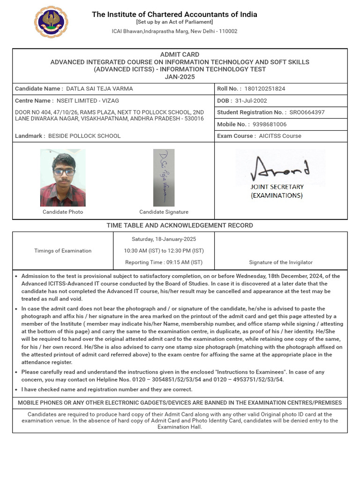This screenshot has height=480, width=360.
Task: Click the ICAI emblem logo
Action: (x=51, y=22)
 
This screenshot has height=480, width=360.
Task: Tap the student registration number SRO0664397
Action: (x=307, y=112)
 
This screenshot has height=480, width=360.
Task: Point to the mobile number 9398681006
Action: (x=270, y=124)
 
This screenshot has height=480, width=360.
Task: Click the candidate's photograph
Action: (x=63, y=178)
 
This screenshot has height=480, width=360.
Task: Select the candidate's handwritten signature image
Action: (x=164, y=178)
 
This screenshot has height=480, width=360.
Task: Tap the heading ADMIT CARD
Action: (x=180, y=54)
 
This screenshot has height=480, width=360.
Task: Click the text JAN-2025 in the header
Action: (x=180, y=77)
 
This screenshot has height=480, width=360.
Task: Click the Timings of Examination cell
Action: (x=63, y=251)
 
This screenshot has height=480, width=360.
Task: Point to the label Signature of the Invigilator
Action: (x=280, y=262)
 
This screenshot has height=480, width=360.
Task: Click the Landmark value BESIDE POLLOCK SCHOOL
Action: (x=88, y=136)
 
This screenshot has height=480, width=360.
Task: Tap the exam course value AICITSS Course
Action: (x=280, y=136)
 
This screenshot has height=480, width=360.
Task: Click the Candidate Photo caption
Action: (x=63, y=212)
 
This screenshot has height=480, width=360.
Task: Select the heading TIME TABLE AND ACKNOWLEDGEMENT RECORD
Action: (x=180, y=225)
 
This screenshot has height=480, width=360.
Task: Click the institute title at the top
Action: (x=174, y=15)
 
